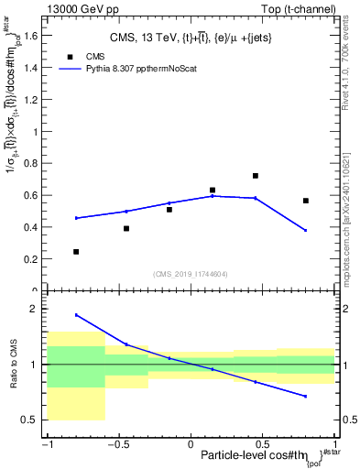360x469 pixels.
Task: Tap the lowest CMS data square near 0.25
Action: pos(76,251)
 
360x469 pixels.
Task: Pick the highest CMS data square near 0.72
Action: pos(256,176)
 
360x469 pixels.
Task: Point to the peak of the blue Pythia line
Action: pos(213,196)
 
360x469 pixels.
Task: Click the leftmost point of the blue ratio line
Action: pos(76,315)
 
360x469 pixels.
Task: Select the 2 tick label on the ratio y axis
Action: pos(38,310)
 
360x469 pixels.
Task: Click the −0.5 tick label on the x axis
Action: pos(117,444)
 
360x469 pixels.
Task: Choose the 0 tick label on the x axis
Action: pos(191,444)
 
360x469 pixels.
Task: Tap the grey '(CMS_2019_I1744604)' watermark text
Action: pos(191,274)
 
